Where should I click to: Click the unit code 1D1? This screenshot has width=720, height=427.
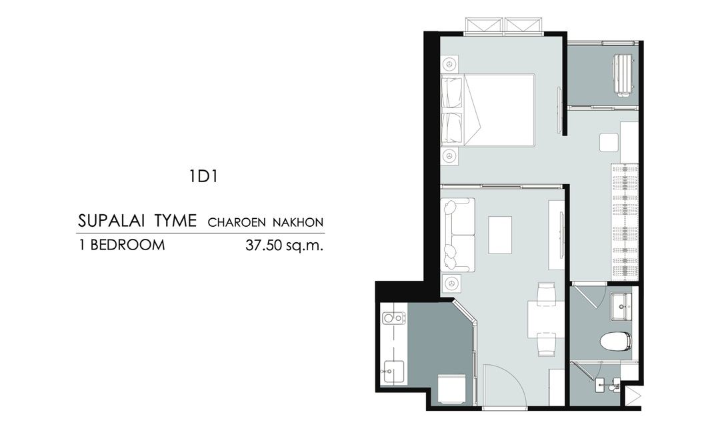click(203, 177)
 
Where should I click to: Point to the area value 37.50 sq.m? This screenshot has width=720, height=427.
click(285, 246)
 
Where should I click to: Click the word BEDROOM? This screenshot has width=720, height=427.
click(127, 245)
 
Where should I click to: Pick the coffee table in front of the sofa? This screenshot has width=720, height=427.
click(500, 234)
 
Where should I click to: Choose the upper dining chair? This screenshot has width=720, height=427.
click(547, 292)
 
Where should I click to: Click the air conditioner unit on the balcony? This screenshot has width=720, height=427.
click(622, 75)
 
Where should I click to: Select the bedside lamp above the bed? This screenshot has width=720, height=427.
click(449, 63)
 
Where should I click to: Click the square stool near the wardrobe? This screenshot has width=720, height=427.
click(609, 142)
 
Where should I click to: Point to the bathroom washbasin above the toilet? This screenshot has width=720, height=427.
click(621, 306)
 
